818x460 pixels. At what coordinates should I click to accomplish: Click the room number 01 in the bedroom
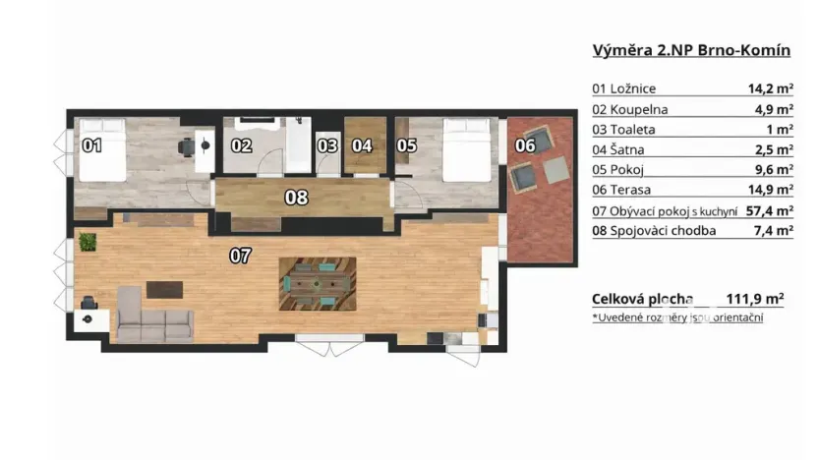coord(91,145)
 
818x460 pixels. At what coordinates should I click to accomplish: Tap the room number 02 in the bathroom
coord(241,145)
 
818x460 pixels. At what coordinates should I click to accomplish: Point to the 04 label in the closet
coord(362,145)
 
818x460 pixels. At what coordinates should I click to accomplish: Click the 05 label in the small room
coord(406,145)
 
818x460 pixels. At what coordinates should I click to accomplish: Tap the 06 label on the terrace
coord(525,145)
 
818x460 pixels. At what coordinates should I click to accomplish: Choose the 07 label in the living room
coord(240,256)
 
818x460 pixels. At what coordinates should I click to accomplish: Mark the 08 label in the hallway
coord(296,197)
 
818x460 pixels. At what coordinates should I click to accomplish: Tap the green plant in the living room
coord(90,241)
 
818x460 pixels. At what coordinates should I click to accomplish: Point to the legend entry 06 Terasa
coord(630,190)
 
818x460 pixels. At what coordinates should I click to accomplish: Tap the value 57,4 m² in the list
coord(770,210)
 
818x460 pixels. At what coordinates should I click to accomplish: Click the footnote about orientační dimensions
coord(677,317)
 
